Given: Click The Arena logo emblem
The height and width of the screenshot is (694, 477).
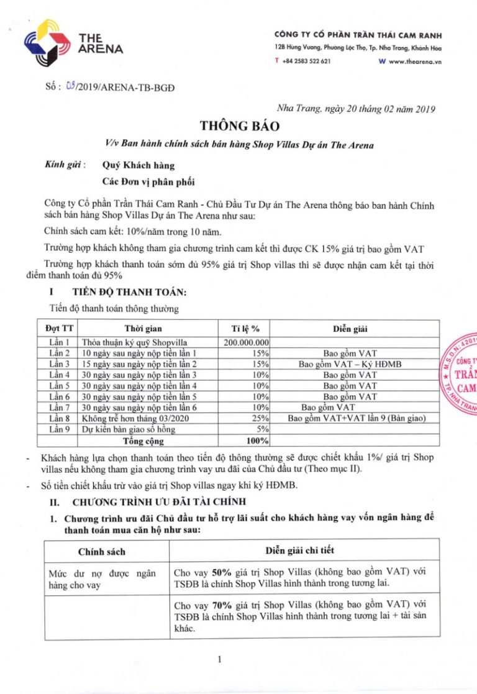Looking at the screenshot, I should pyautogui.click(x=47, y=42).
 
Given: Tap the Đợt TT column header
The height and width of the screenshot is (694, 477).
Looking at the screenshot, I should pyautogui.click(x=61, y=328).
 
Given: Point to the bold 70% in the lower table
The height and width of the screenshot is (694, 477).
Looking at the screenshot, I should pyautogui.click(x=221, y=605).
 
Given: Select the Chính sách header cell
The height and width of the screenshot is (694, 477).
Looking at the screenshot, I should pyautogui.click(x=102, y=551).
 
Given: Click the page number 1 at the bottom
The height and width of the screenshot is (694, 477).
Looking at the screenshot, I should pyautogui.click(x=220, y=660).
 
